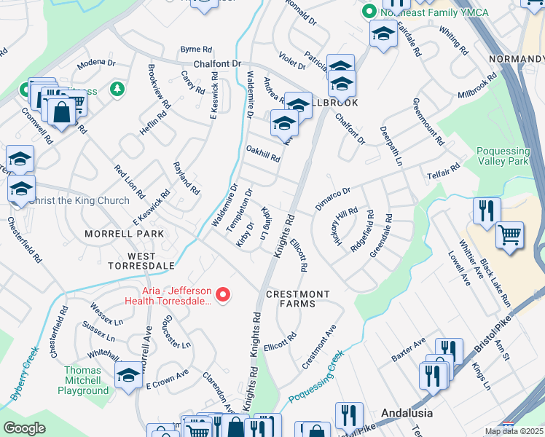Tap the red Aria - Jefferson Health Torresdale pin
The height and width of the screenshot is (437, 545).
224,295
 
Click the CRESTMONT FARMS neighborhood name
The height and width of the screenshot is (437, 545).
297,294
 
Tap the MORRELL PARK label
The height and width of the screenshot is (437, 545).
124,234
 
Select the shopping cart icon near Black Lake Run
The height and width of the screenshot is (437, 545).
509,235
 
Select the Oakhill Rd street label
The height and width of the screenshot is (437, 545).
262,154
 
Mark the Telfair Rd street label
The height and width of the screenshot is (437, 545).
444,173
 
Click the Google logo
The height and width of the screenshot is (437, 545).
25,428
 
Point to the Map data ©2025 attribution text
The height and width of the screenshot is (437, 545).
514,431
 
